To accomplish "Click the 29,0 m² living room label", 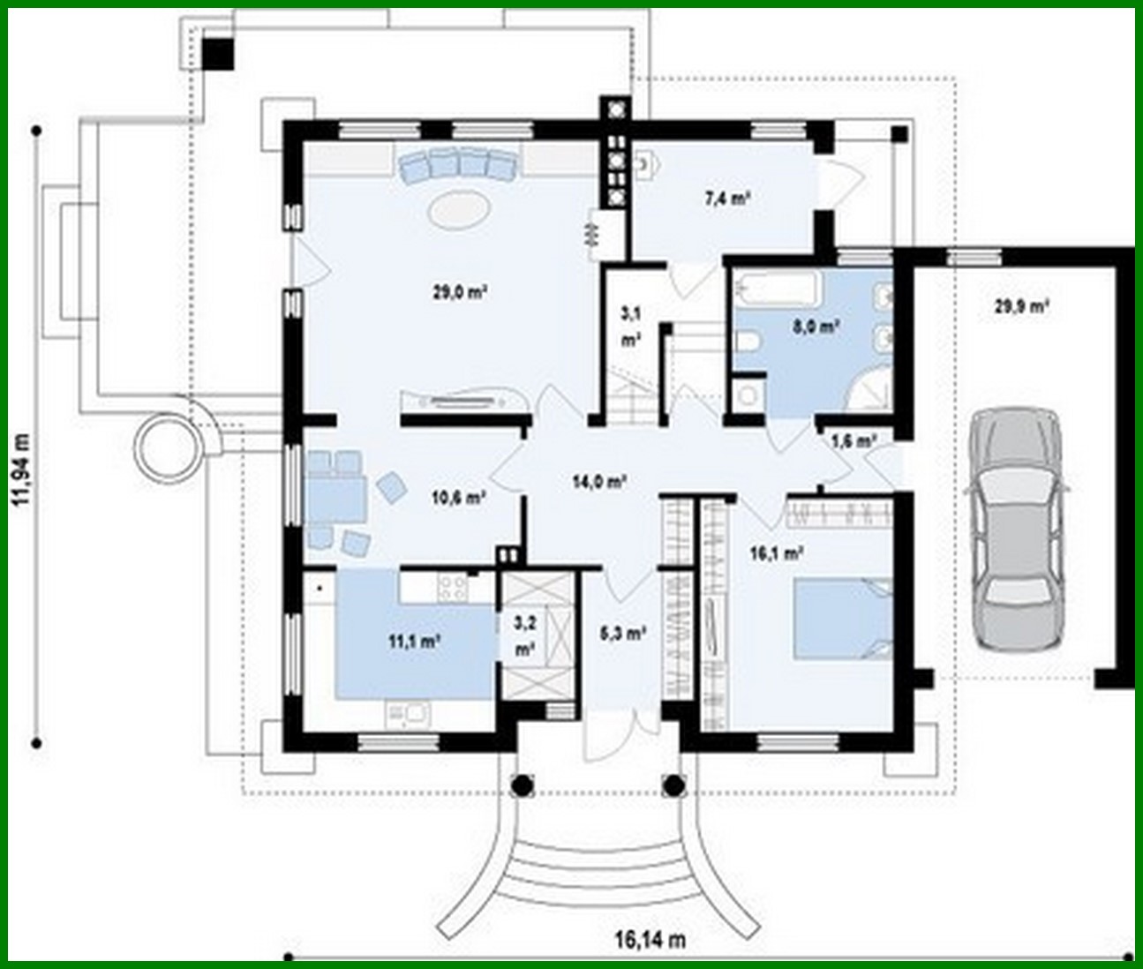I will (461, 293).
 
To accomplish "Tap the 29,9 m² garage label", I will (1021, 306).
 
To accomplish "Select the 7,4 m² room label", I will (726, 199).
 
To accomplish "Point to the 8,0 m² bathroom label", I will (814, 327).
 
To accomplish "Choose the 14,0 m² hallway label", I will (599, 481).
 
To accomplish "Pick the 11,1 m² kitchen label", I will (415, 642).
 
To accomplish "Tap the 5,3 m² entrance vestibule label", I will (624, 633).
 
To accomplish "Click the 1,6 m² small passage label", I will (853, 439).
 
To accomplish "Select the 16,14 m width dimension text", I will (650, 940).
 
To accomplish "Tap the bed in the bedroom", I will (843, 618).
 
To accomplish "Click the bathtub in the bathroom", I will (778, 289).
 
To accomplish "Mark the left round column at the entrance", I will (522, 783).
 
